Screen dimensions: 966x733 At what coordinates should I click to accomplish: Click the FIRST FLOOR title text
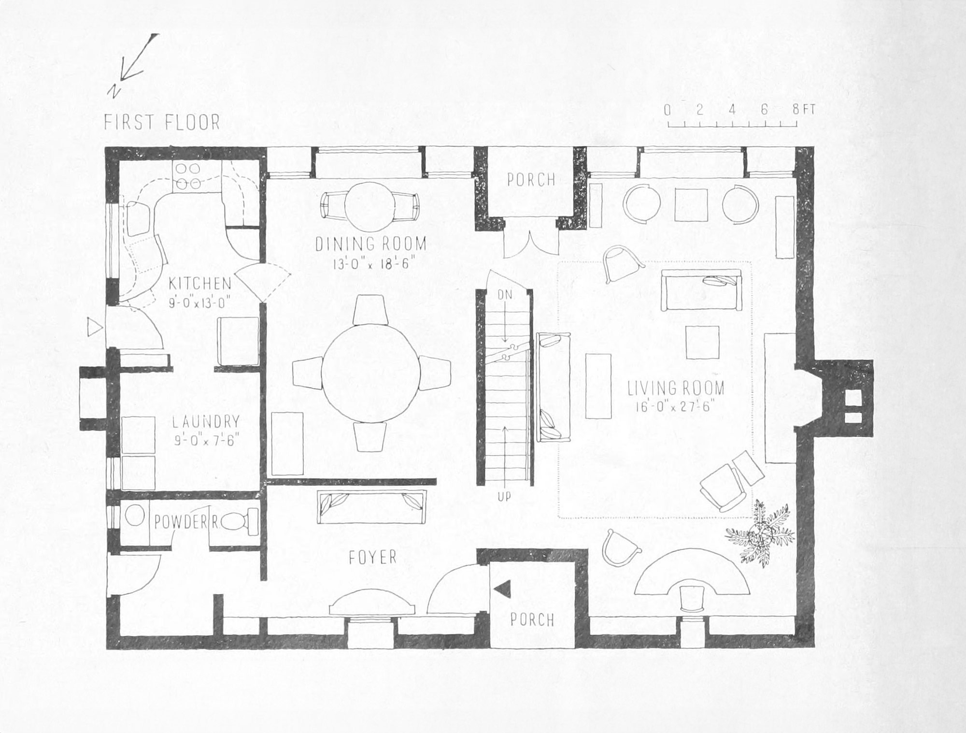click(x=162, y=122)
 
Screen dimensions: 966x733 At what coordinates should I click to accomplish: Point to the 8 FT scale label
click(x=803, y=110)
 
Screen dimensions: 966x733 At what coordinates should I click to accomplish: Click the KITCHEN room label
click(x=199, y=284)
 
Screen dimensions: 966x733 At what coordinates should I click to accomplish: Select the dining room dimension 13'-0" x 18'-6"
click(x=370, y=264)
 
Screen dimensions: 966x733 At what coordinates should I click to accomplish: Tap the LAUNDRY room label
click(x=206, y=422)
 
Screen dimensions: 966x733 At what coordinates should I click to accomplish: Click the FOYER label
click(x=372, y=558)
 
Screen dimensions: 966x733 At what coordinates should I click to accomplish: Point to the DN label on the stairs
click(x=504, y=294)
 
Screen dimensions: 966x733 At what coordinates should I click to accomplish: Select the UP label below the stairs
click(x=504, y=496)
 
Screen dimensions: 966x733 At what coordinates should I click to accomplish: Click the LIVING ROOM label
click(x=676, y=388)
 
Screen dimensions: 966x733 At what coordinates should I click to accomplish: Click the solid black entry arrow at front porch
click(x=503, y=589)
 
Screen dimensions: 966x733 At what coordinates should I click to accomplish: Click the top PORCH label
click(x=531, y=180)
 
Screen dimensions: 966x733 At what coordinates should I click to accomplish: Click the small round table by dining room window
click(x=370, y=206)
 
